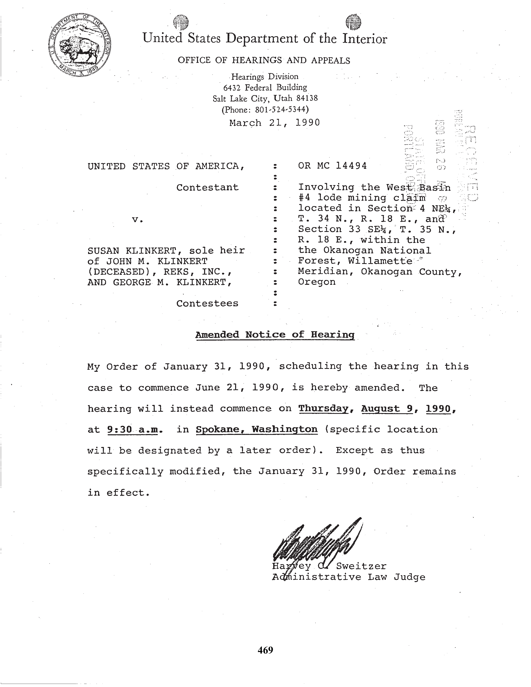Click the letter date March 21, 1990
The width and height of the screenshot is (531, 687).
274,123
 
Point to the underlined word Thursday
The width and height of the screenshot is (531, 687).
323,409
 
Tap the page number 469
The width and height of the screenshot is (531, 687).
265,650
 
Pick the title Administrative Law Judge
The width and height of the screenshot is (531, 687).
348,577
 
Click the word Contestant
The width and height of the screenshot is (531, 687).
207,188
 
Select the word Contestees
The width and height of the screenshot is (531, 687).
207,304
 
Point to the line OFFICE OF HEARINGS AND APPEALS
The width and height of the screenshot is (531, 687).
264,60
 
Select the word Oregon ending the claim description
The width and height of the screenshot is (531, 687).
317,282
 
